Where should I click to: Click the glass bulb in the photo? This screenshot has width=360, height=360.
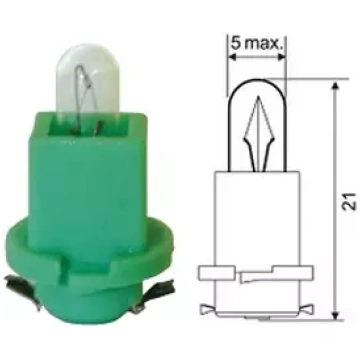[87, 80]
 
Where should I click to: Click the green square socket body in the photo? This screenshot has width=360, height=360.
[88, 187]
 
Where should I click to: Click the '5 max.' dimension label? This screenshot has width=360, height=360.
[257, 43]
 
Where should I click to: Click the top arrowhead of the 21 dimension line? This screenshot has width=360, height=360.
[336, 85]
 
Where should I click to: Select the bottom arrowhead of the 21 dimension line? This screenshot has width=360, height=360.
[336, 314]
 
